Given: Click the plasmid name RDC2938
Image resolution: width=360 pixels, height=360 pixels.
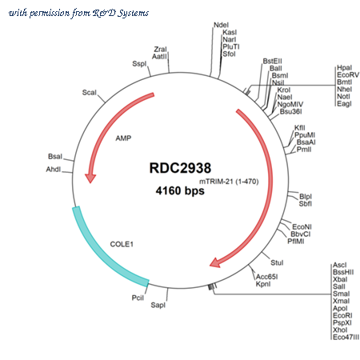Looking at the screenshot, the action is pos(180,168).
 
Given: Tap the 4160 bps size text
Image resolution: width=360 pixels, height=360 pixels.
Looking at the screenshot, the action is pos(180,191).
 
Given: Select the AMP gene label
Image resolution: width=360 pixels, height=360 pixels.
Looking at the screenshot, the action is pos(123,138).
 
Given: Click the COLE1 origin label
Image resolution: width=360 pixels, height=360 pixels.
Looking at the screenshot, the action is pos(122,244).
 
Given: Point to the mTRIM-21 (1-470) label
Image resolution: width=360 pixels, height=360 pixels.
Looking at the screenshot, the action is pos(229,182).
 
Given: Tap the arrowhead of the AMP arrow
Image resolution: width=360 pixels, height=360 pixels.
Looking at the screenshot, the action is pos(90,178).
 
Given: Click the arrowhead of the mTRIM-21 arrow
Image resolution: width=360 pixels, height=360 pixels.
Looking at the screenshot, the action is pos(215,262).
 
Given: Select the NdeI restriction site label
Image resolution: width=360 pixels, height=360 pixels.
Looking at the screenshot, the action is pos(221,25).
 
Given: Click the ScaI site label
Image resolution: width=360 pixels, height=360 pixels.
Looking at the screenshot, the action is pos(90,93).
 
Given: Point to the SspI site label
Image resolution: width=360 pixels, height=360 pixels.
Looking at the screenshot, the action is pos(139,64).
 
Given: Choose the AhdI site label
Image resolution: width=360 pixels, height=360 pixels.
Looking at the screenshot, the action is pos(54,170).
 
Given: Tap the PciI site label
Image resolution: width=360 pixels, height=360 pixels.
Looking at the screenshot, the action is pos(138,298).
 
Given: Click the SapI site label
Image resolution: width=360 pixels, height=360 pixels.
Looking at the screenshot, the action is pos(158,305).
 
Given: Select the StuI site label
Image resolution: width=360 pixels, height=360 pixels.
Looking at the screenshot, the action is pos(277,262).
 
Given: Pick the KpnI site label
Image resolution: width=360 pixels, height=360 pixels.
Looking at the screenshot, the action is pos(263,284).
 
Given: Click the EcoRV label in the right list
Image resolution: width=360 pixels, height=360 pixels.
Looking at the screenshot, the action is pos(348,74).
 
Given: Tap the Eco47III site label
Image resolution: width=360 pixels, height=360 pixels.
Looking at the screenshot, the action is pos(346,337).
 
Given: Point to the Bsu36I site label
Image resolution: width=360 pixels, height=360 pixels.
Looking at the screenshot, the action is pos(290,111).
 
